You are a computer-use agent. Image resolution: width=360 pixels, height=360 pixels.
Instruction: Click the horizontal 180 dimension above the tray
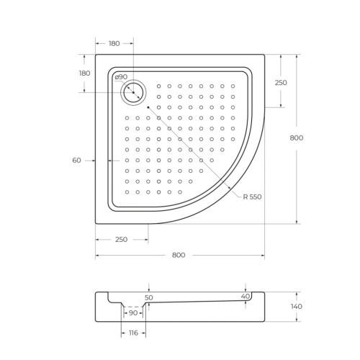[114, 43]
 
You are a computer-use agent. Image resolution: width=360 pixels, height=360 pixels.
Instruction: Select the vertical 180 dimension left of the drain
[84, 73]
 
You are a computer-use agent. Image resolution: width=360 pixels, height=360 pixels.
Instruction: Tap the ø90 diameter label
[121, 77]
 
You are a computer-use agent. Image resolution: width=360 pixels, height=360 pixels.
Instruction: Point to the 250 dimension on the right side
[281, 83]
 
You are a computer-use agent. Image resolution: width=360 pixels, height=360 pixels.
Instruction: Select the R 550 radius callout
[251, 196]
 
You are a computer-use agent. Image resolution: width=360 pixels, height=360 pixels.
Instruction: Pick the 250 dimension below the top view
[121, 239]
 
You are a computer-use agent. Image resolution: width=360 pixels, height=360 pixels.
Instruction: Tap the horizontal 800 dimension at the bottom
[179, 255]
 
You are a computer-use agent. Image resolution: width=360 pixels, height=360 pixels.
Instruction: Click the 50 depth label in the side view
[149, 297]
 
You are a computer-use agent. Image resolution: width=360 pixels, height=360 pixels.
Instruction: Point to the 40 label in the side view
[246, 296]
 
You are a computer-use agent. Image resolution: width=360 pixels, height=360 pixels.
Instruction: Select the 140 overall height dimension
[297, 307]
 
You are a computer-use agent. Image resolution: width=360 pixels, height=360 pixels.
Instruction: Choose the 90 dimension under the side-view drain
[133, 312]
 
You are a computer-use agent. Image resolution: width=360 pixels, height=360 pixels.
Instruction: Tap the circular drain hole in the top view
[133, 91]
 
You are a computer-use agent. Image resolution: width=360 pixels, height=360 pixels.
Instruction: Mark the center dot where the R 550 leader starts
[148, 107]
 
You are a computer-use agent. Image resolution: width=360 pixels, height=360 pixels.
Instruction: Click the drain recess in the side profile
[133, 303]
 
